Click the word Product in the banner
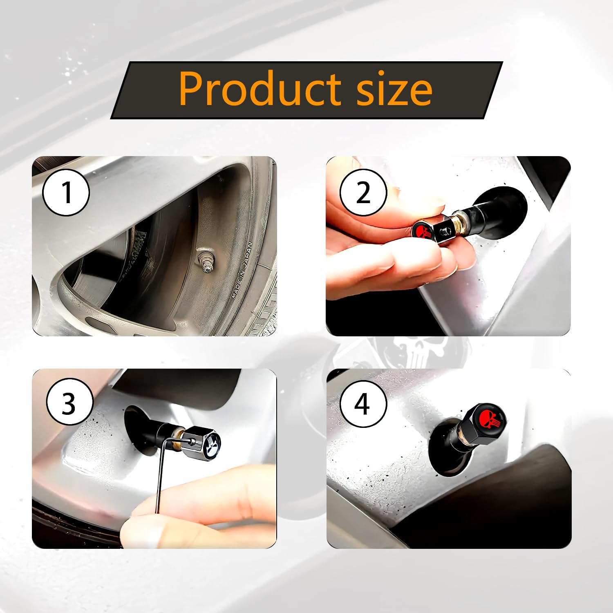tap(260, 89)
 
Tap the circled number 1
tap(66, 192)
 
